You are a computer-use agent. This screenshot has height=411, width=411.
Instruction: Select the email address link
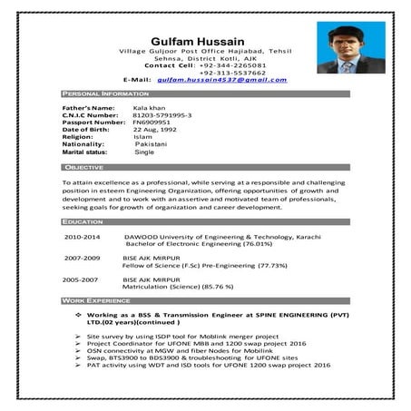pos(221,80)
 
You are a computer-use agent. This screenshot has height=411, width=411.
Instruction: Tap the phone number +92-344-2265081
pos(232,65)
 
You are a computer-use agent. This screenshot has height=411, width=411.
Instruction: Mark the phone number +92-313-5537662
pos(232,73)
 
